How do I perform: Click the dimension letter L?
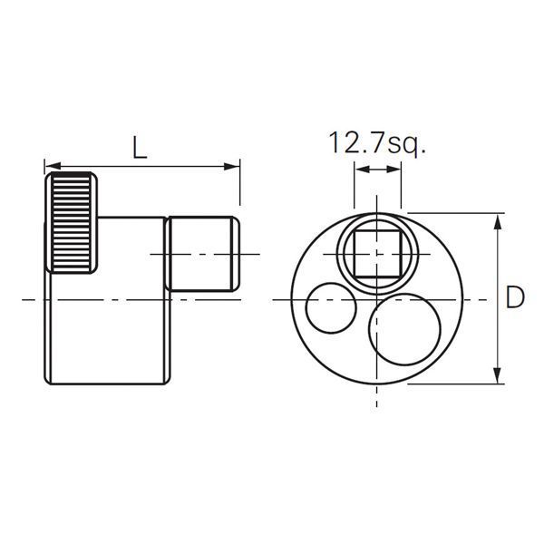coord(138,146)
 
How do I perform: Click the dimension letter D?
coord(514,297)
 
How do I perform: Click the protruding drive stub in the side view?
coord(202,253)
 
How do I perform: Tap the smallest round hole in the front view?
coord(331,308)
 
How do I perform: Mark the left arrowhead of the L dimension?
coord(51,166)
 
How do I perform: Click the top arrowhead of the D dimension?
coord(497,219)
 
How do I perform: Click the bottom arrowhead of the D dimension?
coord(497,377)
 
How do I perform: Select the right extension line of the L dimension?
coord(240,186)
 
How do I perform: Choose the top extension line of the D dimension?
coord(453,213)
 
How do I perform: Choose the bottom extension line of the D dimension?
coord(453,384)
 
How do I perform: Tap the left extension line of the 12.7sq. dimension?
coord(352,195)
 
